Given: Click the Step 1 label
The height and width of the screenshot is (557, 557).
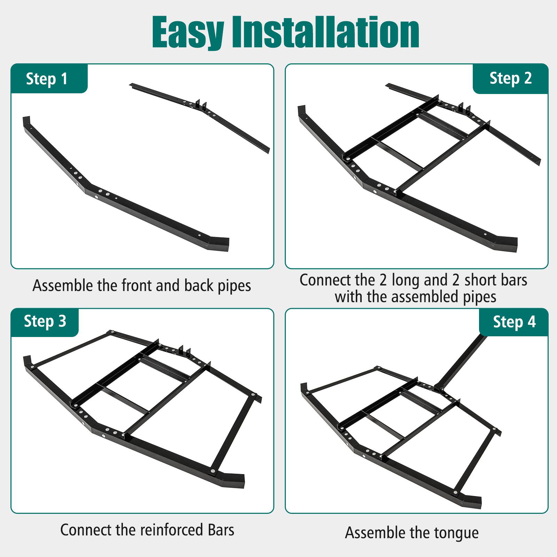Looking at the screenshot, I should (47, 79).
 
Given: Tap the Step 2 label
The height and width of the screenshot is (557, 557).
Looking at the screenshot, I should (510, 78).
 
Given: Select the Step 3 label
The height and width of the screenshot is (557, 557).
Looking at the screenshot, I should (45, 321).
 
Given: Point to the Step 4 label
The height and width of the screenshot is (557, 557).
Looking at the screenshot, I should (514, 322).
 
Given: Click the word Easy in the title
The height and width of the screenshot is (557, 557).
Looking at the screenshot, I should (188, 33).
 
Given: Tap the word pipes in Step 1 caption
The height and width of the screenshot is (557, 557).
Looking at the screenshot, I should (234, 286).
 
